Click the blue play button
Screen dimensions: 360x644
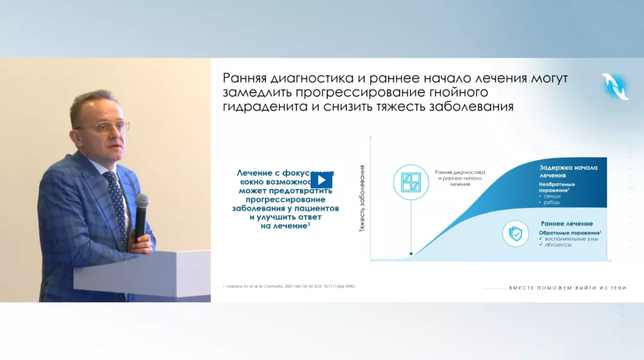[x=321, y=181]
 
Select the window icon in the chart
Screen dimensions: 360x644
[x=411, y=182]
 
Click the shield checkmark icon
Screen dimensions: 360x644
[x=516, y=234]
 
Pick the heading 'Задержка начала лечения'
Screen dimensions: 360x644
[x=568, y=172]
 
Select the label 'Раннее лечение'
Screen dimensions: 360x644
[x=566, y=223]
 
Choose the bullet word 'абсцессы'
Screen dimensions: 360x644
[x=559, y=244]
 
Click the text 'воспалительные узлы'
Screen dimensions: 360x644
[x=572, y=238]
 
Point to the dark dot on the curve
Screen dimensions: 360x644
[x=411, y=253]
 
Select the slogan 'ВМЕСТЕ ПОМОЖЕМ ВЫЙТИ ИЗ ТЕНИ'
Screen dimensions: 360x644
[x=568, y=288]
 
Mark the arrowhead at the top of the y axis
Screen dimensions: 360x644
[x=371, y=138]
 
